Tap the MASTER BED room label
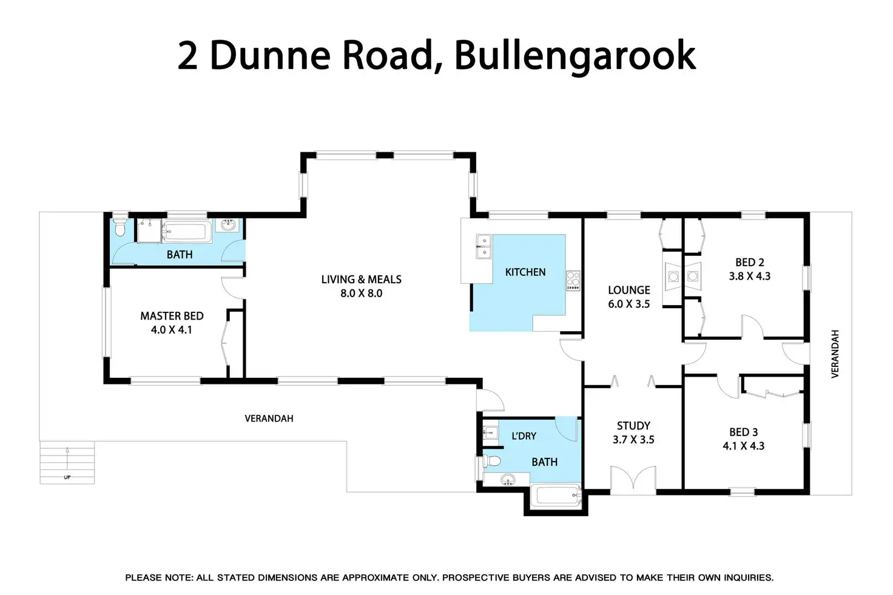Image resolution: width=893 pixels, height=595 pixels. click(172, 316)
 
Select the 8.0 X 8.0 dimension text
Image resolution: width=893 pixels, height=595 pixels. click(362, 294)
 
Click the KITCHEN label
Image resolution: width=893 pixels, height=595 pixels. click(525, 272)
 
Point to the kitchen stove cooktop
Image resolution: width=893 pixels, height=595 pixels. click(573, 281)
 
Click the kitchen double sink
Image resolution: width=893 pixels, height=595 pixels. click(484, 247)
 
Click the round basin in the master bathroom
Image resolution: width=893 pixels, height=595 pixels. click(230, 226)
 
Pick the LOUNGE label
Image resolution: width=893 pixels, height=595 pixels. click(629, 291)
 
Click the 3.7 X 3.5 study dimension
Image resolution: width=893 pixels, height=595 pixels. click(633, 440)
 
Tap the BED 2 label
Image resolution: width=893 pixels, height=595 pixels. click(750, 263)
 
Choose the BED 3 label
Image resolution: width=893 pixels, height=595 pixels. click(744, 432)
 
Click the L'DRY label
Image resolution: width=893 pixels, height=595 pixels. click(524, 436)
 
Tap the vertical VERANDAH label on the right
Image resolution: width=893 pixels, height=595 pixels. click(835, 354)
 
